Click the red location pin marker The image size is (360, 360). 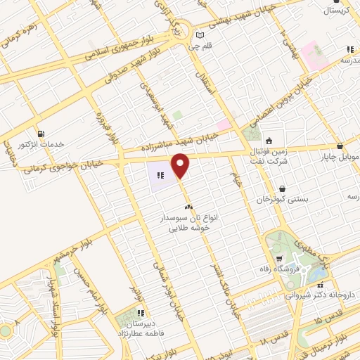coord(181,165)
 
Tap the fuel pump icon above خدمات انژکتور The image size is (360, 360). coord(41,132)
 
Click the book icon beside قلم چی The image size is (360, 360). coord(200,35)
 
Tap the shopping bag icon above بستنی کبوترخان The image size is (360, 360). coord(283,189)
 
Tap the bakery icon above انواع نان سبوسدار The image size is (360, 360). coord(188,207)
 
